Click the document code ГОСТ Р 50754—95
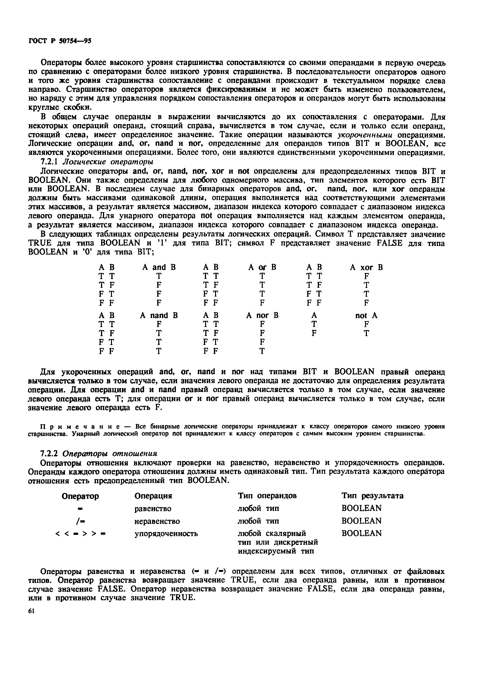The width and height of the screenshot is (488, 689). pos(60,41)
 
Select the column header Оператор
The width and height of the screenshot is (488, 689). pos(80,496)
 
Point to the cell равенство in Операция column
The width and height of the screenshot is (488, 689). pos(153,509)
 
